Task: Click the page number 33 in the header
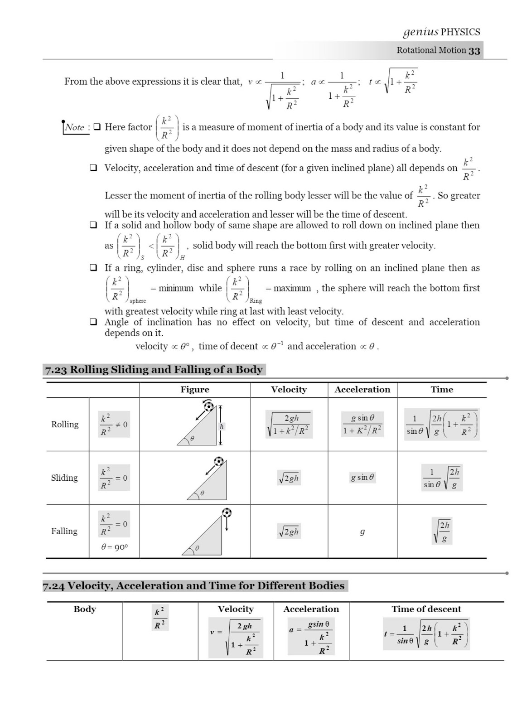474,51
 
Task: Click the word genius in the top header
420,32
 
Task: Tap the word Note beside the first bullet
75,127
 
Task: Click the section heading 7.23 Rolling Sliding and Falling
154,369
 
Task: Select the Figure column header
195,389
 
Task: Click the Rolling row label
65,424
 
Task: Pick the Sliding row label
64,478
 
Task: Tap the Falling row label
64,531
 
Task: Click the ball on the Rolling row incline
208,406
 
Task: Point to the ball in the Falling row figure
227,512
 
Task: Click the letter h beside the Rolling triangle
222,426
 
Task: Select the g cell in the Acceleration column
362,532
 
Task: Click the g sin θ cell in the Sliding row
362,477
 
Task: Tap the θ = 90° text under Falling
114,547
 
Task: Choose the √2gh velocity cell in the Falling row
289,532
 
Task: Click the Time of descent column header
426,609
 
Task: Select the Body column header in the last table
85,609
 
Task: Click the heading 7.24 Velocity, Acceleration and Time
193,585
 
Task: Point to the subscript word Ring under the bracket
256,301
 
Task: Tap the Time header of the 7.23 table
442,389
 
